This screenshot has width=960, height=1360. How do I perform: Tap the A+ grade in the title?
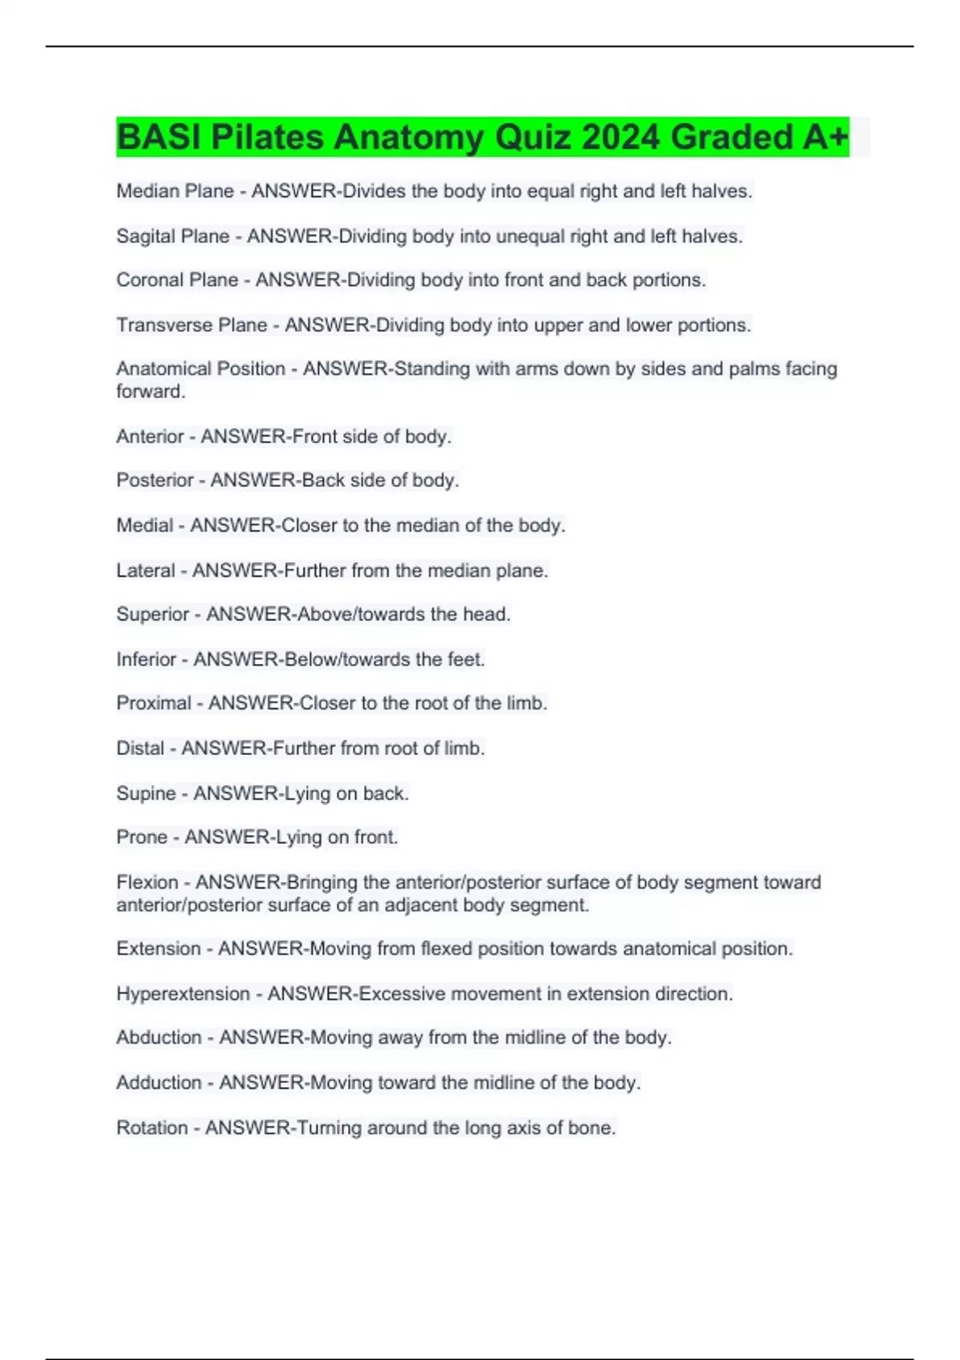point(826,138)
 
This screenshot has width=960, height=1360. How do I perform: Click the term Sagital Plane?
point(173,237)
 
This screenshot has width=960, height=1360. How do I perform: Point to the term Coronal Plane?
point(177,280)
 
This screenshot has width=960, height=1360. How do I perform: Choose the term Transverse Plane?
point(192,326)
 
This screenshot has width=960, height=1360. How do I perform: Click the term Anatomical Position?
point(201,369)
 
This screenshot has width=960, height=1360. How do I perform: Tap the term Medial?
point(145,526)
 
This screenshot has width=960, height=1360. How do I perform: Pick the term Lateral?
point(146,570)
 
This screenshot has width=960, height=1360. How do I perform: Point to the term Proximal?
point(154,703)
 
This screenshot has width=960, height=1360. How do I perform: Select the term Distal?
point(140,749)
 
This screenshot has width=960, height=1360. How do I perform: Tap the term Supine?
point(146,794)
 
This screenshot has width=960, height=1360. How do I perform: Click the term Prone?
point(142,838)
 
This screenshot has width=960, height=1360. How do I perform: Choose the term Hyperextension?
point(183,994)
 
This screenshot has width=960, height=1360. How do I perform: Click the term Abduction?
point(158,1038)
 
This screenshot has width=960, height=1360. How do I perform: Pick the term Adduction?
point(158,1082)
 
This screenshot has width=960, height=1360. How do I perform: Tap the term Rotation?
point(152,1128)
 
